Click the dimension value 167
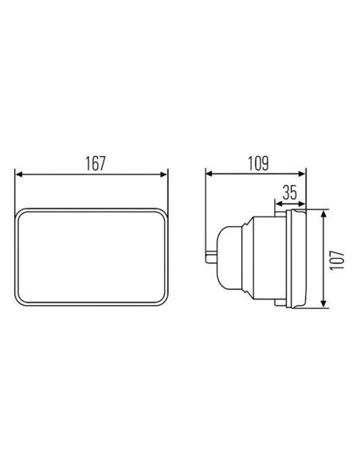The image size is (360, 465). [x=96, y=163]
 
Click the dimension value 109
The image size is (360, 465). [x=258, y=163]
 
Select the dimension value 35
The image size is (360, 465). [x=289, y=193]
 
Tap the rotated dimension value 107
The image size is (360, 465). [x=337, y=260]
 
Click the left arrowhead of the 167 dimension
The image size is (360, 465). [x=18, y=174]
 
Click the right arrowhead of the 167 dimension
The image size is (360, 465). [x=164, y=174]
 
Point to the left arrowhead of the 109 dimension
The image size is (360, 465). [x=209, y=174]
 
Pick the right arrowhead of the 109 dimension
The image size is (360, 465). [x=302, y=174]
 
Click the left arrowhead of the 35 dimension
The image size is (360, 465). [x=280, y=204]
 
